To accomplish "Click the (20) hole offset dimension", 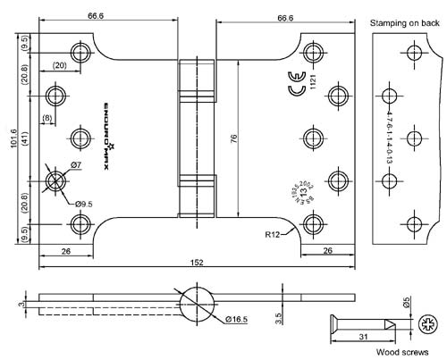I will tap(59, 65).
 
